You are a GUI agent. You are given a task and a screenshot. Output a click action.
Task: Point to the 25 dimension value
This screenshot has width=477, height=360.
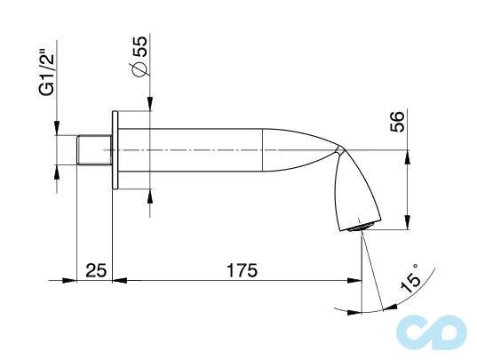(x=95, y=268)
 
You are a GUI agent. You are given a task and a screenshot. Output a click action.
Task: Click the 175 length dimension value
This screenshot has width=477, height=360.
(x=237, y=268)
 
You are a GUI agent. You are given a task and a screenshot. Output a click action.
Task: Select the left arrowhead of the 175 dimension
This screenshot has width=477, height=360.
(x=121, y=280)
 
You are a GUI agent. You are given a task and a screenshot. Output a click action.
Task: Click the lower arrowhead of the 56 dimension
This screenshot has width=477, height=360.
(x=407, y=227)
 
